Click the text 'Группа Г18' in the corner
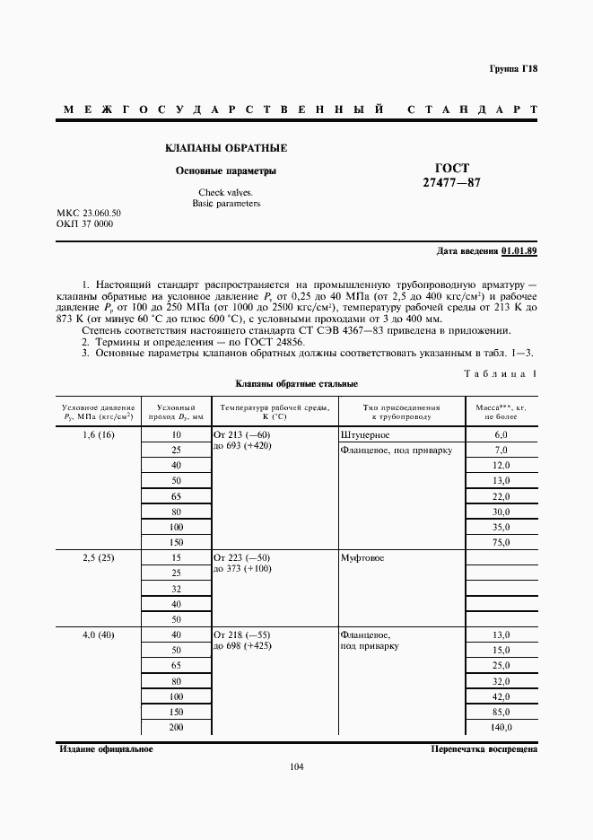point(513,69)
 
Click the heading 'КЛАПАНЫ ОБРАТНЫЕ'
point(226,148)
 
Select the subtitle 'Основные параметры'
point(225,171)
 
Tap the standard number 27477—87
point(452,183)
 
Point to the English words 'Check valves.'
point(225,193)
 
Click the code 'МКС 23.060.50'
point(89,213)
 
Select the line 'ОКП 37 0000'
point(84,223)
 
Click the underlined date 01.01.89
point(519,250)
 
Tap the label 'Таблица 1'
point(501,372)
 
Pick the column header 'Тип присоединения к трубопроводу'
point(401,412)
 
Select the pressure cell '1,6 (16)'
point(99,434)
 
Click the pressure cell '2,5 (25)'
point(99,558)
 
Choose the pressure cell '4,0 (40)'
point(99,634)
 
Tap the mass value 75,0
point(501,541)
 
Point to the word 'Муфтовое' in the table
point(362,558)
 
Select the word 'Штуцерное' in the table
point(364,434)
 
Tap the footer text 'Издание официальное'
point(105,748)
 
